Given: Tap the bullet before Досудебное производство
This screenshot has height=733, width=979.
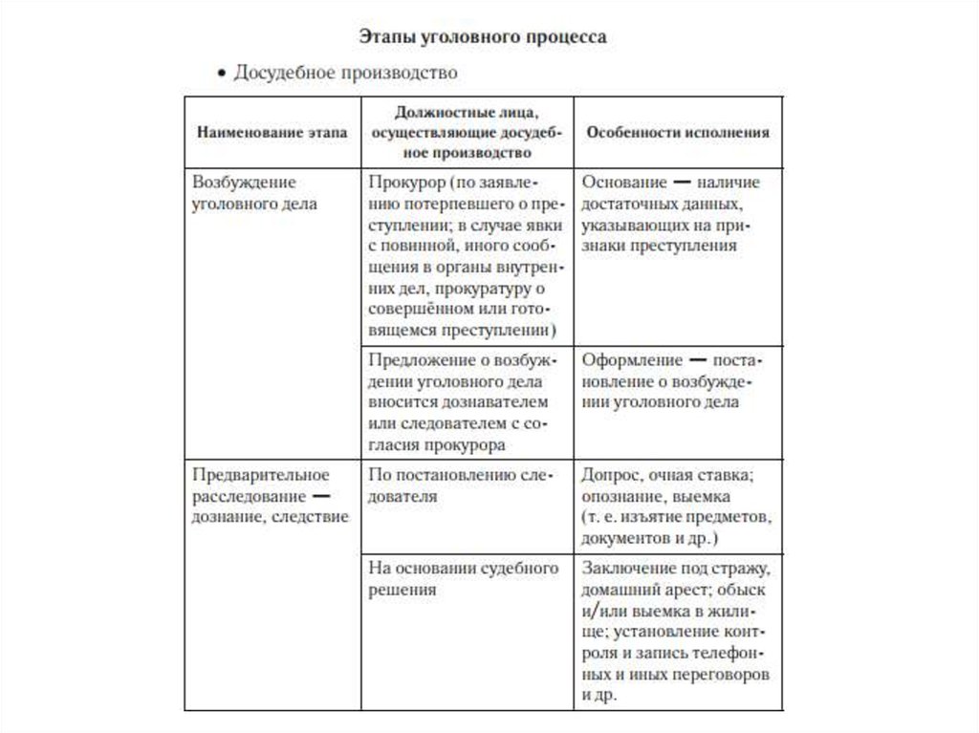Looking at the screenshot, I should pyautogui.click(x=221, y=73).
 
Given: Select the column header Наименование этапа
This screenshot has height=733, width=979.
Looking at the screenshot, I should pyautogui.click(x=272, y=133).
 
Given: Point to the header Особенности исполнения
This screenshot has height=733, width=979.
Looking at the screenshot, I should pyautogui.click(x=677, y=133).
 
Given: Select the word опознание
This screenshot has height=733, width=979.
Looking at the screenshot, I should pyautogui.click(x=618, y=497).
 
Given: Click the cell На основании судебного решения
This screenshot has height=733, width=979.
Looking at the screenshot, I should pyautogui.click(x=463, y=579).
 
